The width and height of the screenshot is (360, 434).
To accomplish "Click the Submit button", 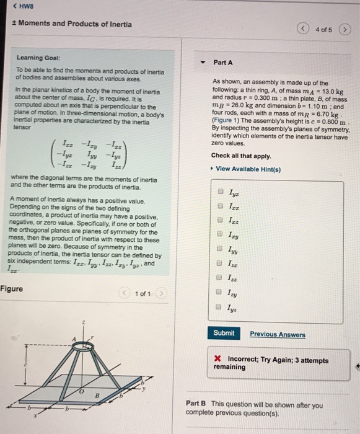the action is (x=224, y=333).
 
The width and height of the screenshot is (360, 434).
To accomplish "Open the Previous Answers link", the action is (x=278, y=334).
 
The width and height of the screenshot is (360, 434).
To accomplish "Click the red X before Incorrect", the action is (x=218, y=358).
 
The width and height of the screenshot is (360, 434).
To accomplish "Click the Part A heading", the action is (x=222, y=62).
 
